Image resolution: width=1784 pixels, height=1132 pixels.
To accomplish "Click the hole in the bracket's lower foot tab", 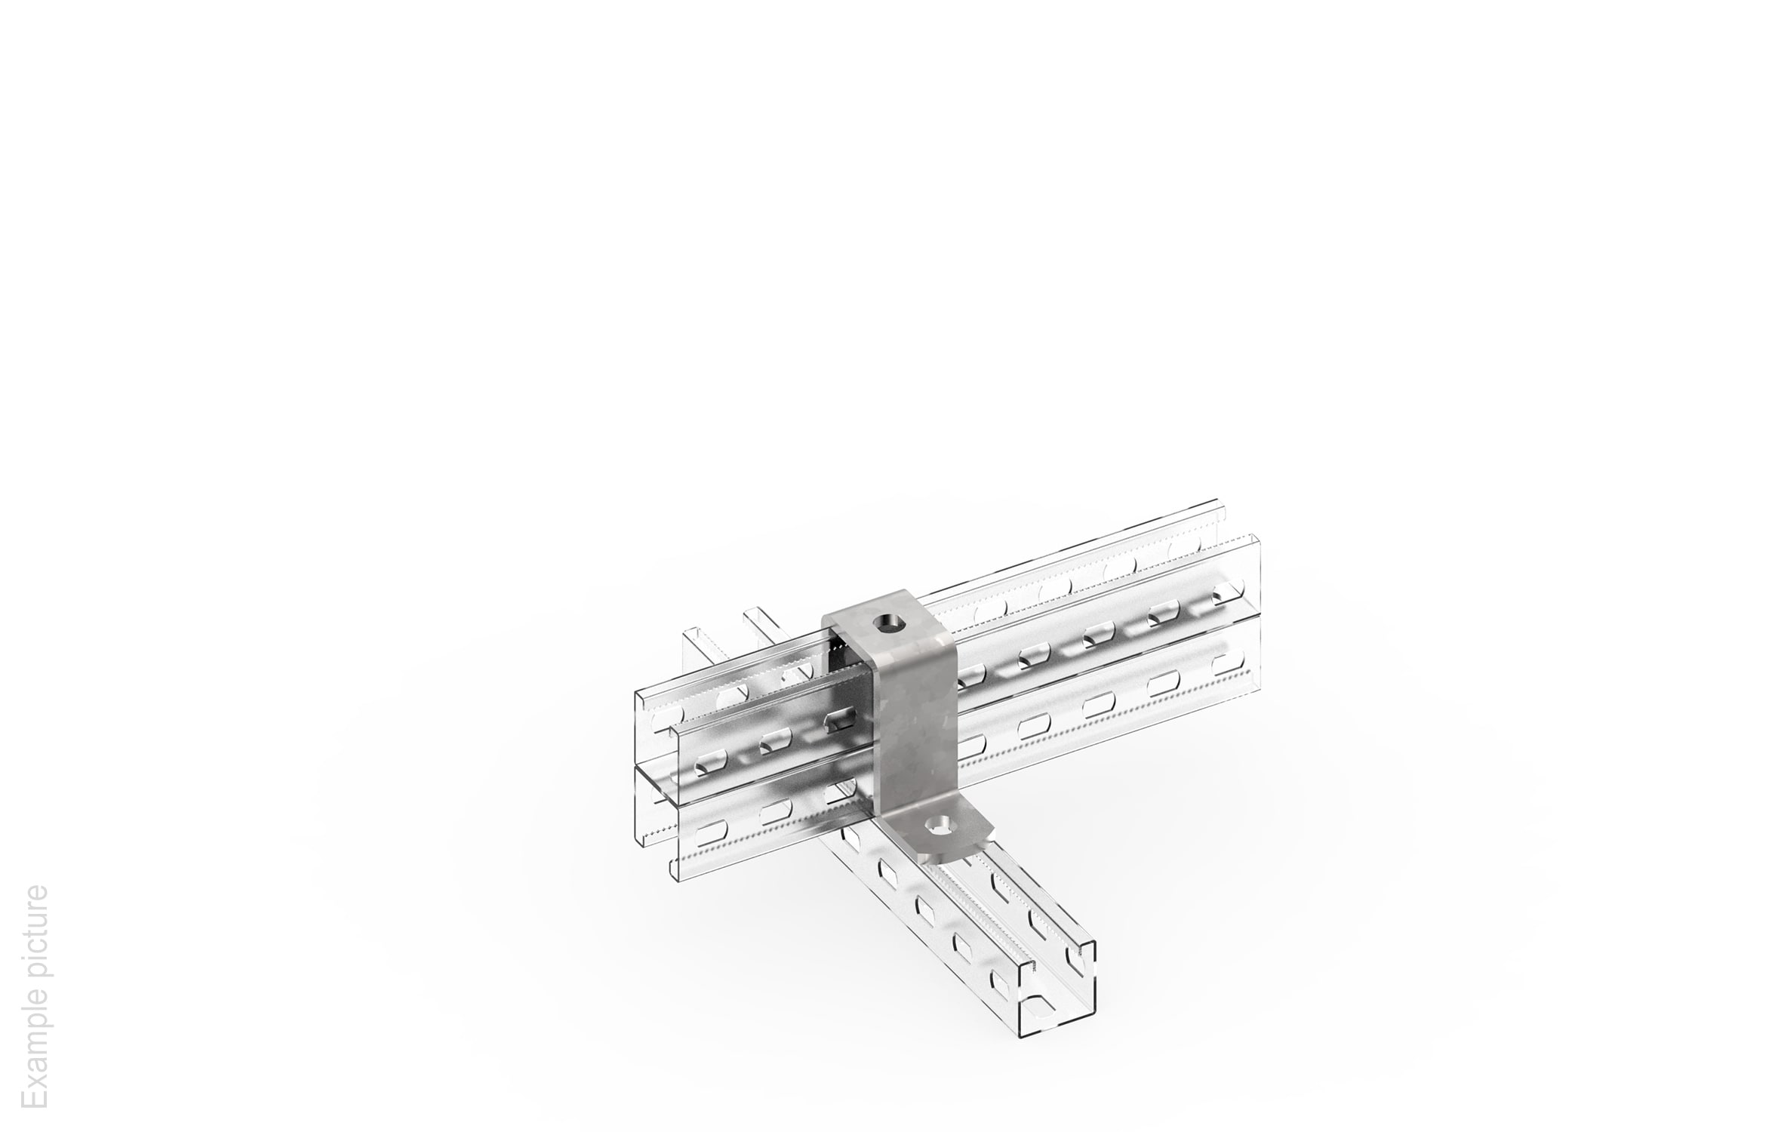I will coord(941,823).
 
